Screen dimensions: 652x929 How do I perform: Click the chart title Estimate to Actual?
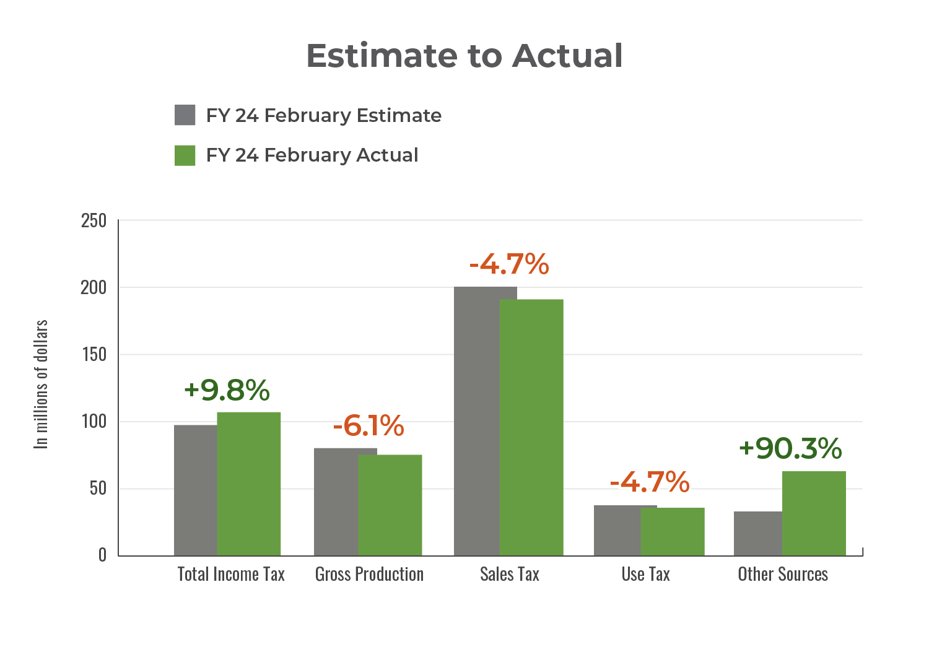464,56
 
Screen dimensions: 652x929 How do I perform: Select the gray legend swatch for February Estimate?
185,115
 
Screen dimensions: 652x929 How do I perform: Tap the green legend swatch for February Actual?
185,155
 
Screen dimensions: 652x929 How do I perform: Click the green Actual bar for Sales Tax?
532,427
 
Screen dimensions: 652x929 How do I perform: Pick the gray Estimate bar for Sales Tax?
476,421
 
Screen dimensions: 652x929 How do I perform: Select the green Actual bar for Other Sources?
814,513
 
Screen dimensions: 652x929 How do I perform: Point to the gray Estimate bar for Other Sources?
757,534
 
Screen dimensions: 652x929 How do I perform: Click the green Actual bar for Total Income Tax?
249,484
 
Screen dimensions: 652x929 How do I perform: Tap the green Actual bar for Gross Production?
391,505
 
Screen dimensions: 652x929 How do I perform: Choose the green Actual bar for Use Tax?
673,532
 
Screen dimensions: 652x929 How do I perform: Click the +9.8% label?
227,390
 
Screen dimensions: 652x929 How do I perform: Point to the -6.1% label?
369,426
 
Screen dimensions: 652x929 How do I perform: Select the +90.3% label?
790,448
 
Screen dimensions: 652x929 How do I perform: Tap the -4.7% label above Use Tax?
650,482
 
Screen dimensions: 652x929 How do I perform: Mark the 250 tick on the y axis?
94,220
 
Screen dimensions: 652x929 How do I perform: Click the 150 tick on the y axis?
94,355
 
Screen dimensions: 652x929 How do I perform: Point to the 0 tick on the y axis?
102,555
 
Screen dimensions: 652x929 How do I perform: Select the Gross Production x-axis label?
369,575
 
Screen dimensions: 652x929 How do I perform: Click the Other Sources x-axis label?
783,575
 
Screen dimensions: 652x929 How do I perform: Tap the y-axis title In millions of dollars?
41,384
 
